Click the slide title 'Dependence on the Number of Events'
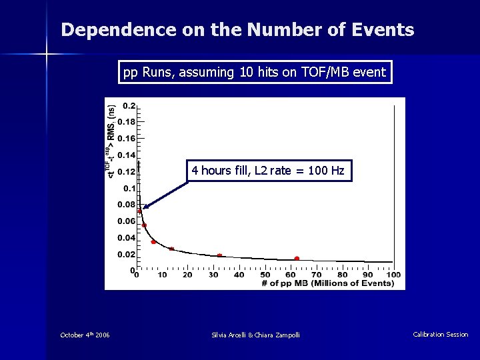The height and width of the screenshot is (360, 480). point(237,30)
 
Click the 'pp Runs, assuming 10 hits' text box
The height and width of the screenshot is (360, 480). point(255,72)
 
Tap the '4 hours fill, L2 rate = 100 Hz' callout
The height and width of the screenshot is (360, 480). point(267,171)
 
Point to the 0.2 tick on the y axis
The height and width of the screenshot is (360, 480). point(129,106)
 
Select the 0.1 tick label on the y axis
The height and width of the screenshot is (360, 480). point(129,189)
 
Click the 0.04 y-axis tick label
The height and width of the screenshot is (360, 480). point(127,238)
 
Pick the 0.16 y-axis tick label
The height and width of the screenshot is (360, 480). point(127,139)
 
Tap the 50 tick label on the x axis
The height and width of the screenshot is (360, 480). point(265,275)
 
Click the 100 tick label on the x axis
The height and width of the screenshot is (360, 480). point(393,275)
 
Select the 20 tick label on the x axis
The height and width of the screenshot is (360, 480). point(187,275)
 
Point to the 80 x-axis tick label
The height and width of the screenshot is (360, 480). point(342,275)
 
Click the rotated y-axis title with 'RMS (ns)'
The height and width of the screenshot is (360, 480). point(111,141)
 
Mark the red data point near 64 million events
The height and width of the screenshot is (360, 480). point(297,258)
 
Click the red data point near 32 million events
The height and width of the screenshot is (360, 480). point(219,255)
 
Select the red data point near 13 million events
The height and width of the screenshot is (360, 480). point(171,249)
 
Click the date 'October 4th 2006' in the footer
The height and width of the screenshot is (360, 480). point(85,335)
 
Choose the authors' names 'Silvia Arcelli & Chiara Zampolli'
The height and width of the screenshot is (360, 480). point(255,335)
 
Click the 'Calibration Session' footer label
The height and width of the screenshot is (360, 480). point(440,335)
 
